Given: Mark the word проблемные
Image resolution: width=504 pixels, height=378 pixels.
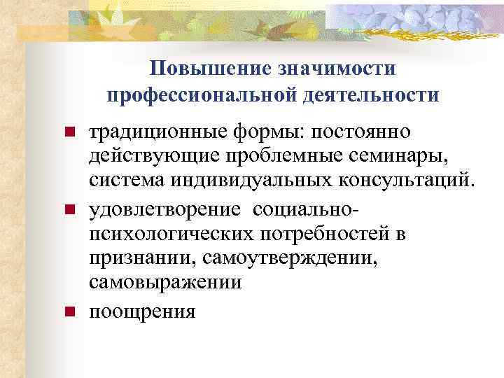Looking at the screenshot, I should [269, 157].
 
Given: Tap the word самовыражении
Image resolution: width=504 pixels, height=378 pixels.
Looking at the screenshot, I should [165, 284].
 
